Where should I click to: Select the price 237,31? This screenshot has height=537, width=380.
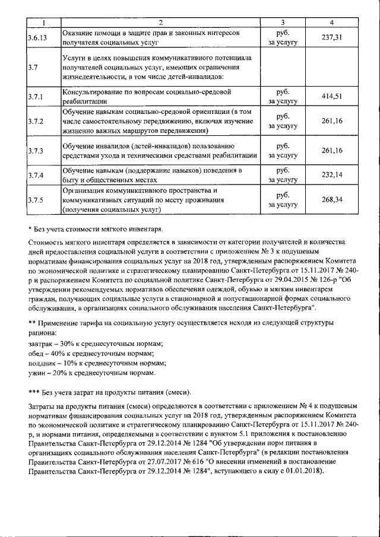point(332,38)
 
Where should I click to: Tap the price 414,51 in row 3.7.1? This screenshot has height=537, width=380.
point(332,97)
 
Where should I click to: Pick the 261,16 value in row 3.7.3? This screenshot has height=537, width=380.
point(332,150)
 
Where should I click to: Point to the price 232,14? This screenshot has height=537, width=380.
point(332,174)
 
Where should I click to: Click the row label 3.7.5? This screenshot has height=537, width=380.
point(36,200)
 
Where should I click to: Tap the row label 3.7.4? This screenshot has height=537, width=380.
point(36,175)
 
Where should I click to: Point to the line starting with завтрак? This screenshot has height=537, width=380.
point(96,344)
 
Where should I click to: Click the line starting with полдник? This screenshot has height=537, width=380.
point(97,363)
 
